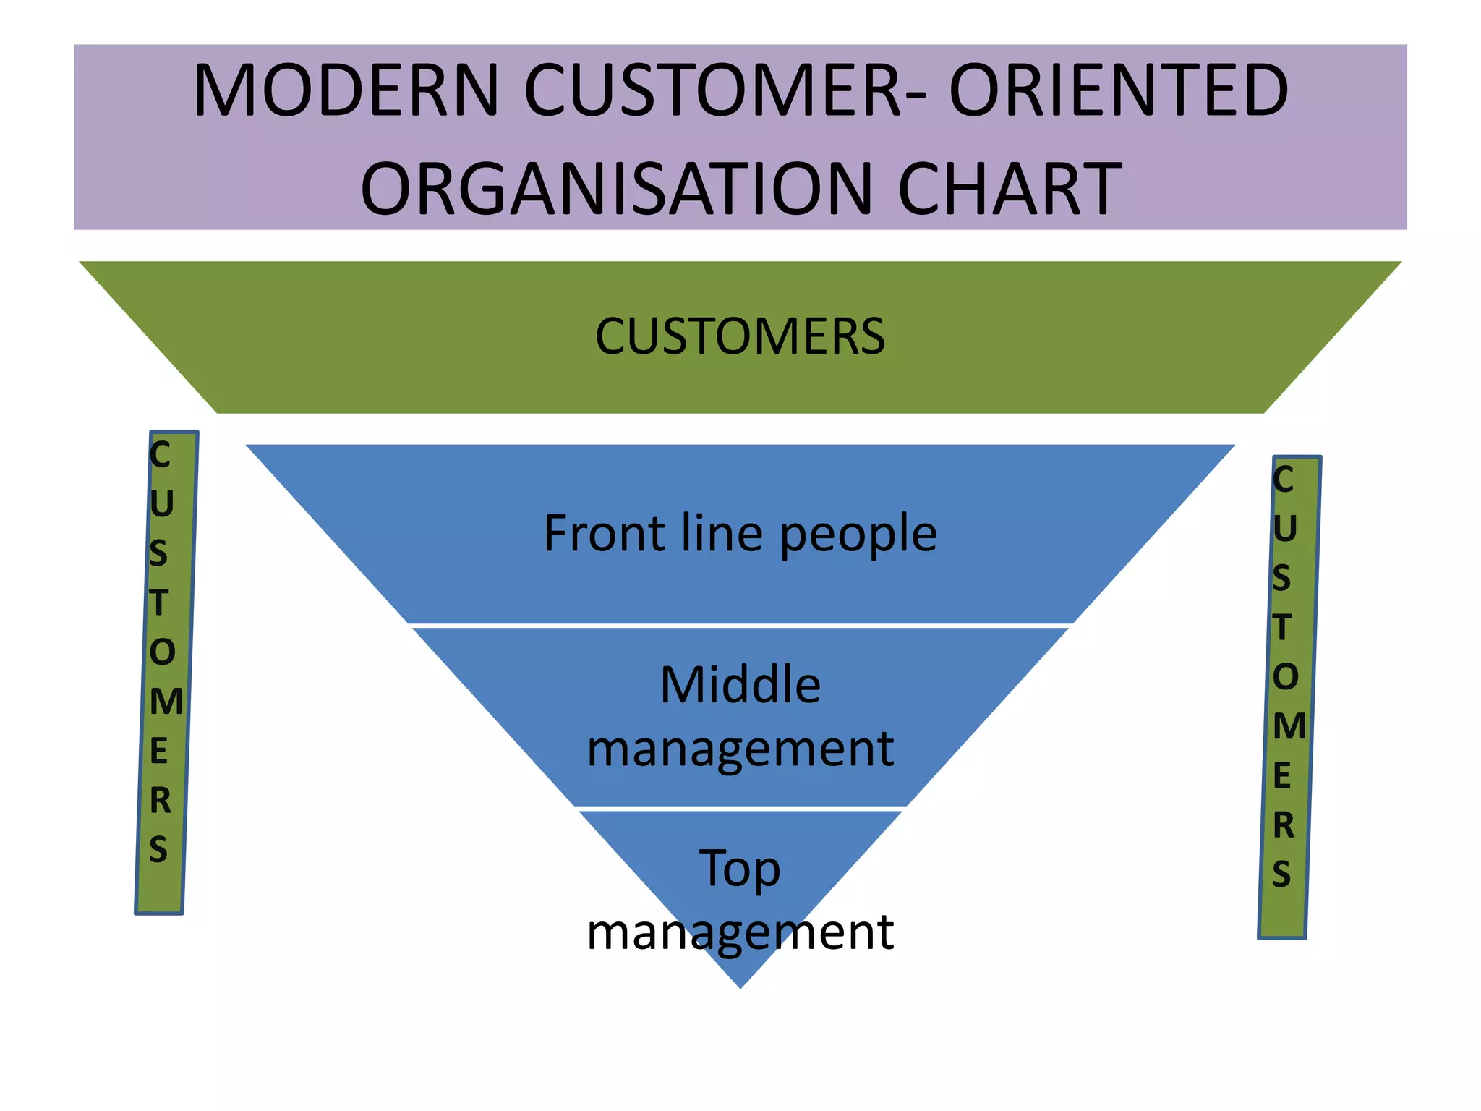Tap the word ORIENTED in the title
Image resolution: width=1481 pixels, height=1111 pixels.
tap(1119, 91)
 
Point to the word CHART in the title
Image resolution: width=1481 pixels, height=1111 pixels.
tap(1010, 190)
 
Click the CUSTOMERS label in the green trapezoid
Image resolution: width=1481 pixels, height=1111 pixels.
tap(740, 337)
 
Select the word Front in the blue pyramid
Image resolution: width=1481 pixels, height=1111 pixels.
tap(604, 533)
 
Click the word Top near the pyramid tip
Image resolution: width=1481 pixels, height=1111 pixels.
tap(740, 868)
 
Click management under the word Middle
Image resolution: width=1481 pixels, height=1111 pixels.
tap(740, 749)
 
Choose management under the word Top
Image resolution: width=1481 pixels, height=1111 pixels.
tap(740, 932)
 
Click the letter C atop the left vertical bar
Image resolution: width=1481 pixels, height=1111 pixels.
tap(160, 455)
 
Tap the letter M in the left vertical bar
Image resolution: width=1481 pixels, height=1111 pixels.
tap(166, 702)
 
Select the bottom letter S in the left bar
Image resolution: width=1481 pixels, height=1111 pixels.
tap(158, 848)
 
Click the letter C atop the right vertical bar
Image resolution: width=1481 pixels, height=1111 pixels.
tap(1283, 480)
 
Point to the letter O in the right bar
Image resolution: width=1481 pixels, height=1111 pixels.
tap(1286, 677)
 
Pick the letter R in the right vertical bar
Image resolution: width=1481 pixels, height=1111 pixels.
tap(1284, 825)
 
